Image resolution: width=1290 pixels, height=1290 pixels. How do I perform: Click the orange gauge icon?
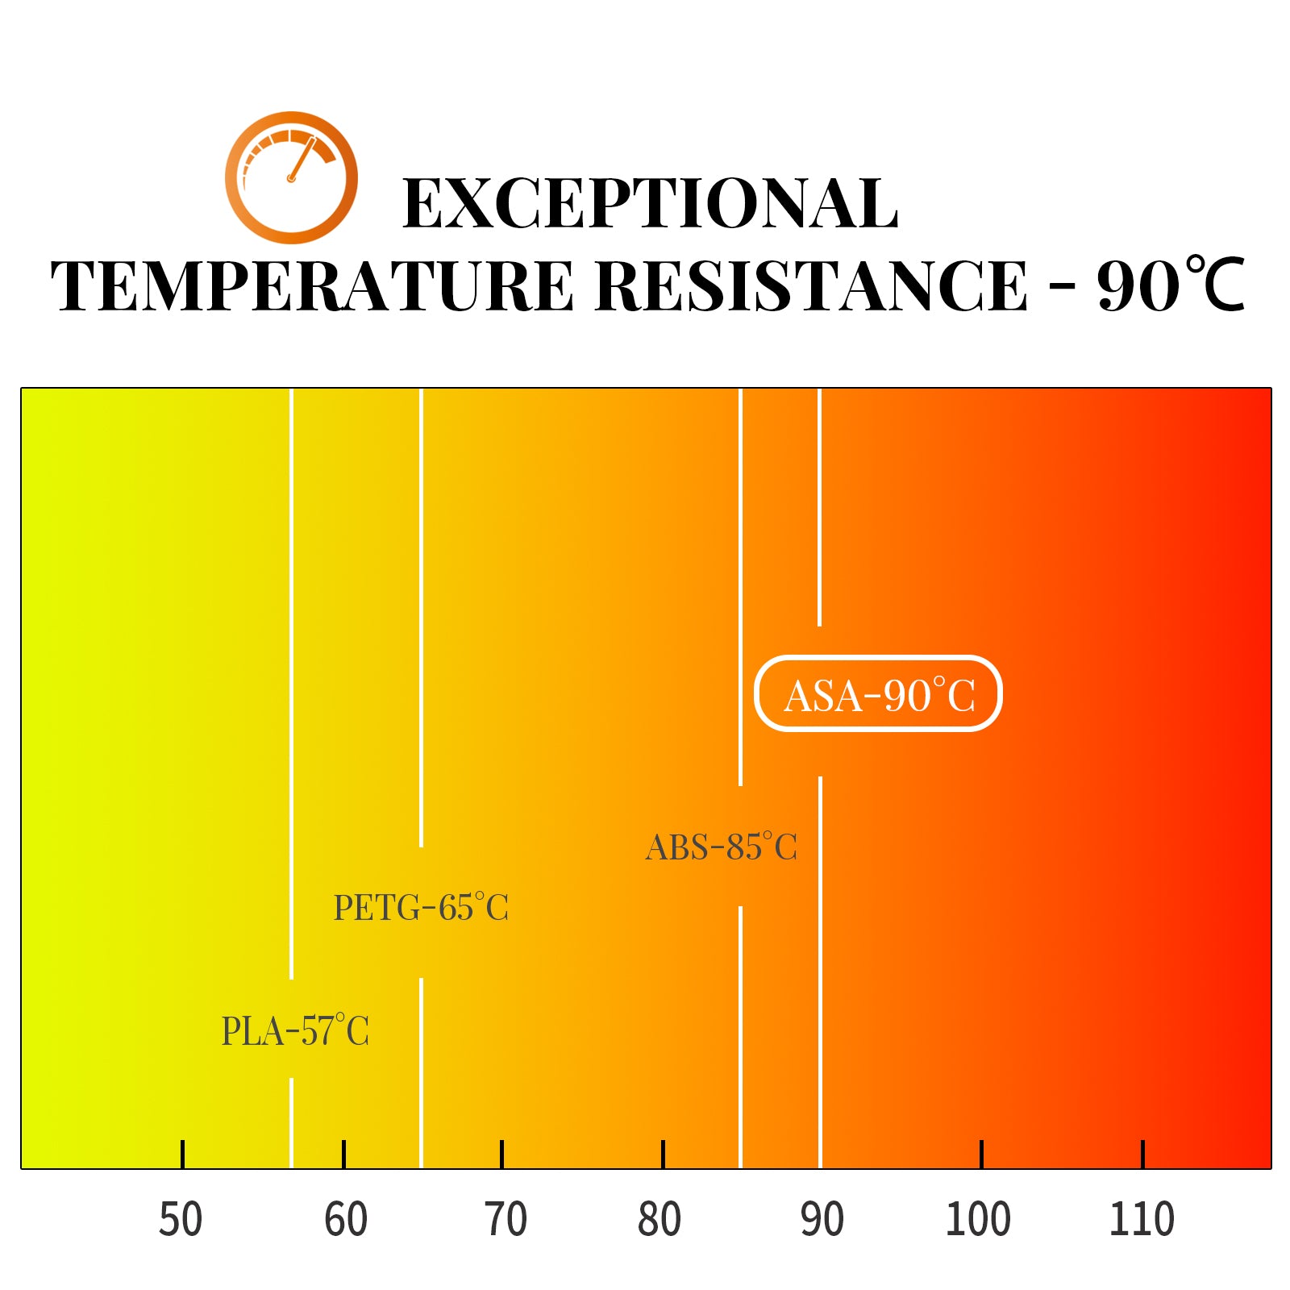click(291, 177)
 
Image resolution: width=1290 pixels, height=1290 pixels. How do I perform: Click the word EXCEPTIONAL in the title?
click(650, 205)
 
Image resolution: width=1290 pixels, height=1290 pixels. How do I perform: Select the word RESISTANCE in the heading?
click(812, 286)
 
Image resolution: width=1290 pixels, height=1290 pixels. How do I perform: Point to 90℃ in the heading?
click(1171, 286)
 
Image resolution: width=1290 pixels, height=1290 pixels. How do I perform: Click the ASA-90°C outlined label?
click(878, 694)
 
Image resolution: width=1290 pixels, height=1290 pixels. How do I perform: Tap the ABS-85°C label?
click(722, 847)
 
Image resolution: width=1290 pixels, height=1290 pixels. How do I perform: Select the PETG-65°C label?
click(421, 908)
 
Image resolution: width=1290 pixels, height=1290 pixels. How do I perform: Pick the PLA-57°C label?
click(295, 1031)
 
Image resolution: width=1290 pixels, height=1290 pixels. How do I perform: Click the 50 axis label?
click(181, 1219)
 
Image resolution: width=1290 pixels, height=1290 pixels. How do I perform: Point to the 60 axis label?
click(346, 1219)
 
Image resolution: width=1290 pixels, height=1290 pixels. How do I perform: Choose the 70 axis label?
click(506, 1219)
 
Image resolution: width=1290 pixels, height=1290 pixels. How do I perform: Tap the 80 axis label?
click(660, 1219)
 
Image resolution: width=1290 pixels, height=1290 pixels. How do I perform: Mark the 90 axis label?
click(822, 1219)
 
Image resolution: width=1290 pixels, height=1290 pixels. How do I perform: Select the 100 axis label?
click(978, 1219)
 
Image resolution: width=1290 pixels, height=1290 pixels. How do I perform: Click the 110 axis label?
click(1142, 1219)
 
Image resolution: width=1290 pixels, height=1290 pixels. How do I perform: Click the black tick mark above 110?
click(1142, 1154)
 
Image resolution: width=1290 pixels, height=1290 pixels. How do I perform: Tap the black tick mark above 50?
click(183, 1154)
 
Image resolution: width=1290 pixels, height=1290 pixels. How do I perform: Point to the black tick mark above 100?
click(981, 1154)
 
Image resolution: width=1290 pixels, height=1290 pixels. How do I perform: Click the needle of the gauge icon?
click(302, 159)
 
